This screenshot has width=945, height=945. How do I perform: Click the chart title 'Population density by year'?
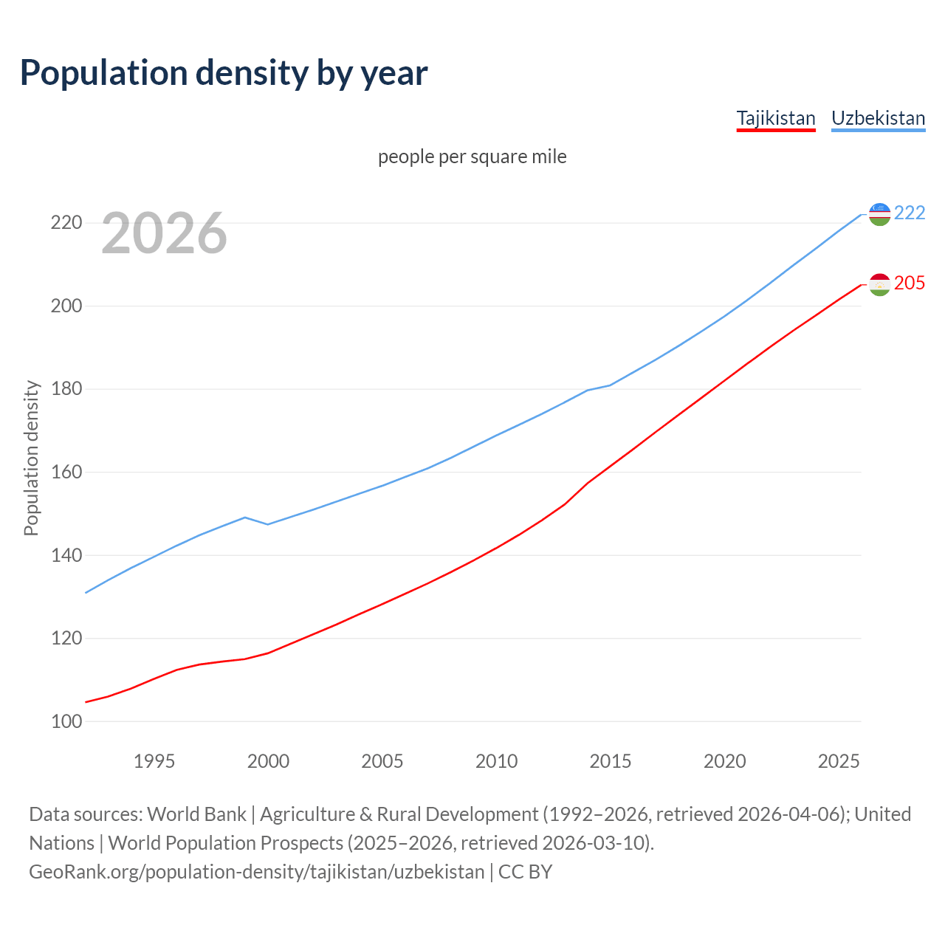coord(224,72)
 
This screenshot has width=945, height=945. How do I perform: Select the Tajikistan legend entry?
coord(776,118)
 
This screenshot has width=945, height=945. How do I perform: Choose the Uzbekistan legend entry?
coord(878,118)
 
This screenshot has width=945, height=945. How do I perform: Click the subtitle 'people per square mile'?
coord(472,157)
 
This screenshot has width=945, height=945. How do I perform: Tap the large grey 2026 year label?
coord(164,233)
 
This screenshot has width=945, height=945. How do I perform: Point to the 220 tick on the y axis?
coord(65,222)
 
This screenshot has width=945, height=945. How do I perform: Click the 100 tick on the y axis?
coord(65,721)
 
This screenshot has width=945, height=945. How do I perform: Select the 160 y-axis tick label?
coord(65,472)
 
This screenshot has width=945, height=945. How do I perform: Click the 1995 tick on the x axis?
coord(154,761)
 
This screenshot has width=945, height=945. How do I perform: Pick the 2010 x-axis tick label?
coord(496,761)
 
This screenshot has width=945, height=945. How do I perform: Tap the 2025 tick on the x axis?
coord(839,761)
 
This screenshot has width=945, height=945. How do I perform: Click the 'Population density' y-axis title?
coord(31,458)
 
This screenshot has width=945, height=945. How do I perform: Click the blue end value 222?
coord(910,213)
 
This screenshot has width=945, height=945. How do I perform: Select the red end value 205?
coord(910,283)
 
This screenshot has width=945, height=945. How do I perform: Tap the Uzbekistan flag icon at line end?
coord(879,214)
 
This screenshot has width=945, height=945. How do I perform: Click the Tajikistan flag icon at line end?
coord(879,284)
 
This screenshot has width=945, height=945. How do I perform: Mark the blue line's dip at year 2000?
coord(268,524)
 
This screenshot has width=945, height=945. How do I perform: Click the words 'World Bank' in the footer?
coord(196,814)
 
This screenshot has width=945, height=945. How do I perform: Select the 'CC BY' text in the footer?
coord(525,872)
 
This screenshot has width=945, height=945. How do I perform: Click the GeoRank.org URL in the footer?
coord(256,872)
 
